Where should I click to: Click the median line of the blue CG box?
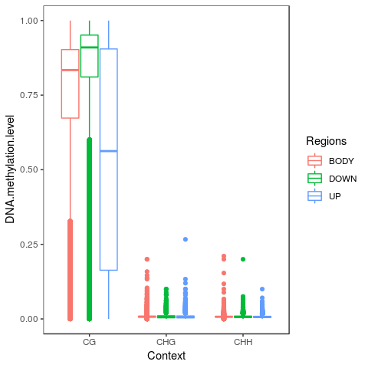[109, 151]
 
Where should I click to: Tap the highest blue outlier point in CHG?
[185, 239]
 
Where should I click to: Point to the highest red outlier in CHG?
[147, 259]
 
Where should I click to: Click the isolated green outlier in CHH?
[243, 259]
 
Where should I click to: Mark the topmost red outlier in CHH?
[224, 256]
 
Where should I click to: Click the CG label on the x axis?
[90, 342]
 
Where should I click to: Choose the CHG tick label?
[166, 342]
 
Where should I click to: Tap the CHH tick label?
[243, 342]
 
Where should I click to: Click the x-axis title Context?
[166, 356]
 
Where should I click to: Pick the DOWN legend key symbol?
[314, 179]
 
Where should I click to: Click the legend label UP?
[336, 196]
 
